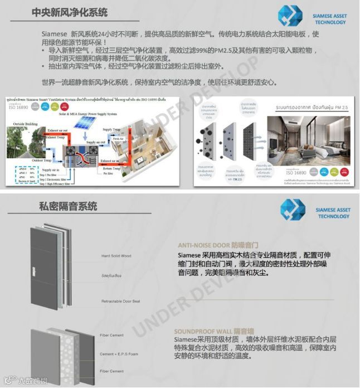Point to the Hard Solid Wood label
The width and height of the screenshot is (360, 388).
[x=116, y=256]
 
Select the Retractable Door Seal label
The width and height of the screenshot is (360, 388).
[x=120, y=301]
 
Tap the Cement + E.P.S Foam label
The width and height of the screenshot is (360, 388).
[x=122, y=354]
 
